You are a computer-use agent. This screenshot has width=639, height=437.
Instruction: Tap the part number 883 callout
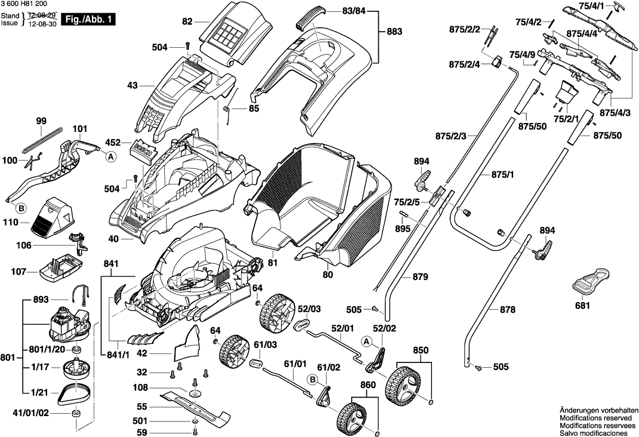point(394,31)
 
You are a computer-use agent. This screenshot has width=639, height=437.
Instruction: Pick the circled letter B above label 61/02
point(311,379)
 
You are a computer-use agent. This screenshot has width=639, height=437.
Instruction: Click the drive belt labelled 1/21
point(75,392)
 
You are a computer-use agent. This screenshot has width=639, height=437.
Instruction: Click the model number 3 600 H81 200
point(25,5)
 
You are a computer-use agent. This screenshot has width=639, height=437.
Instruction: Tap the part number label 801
point(8,358)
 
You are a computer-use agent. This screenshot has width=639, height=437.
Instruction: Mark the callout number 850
point(421,350)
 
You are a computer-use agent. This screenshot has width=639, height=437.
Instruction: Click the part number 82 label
point(188,21)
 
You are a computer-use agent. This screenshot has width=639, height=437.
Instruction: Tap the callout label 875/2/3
point(468,136)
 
